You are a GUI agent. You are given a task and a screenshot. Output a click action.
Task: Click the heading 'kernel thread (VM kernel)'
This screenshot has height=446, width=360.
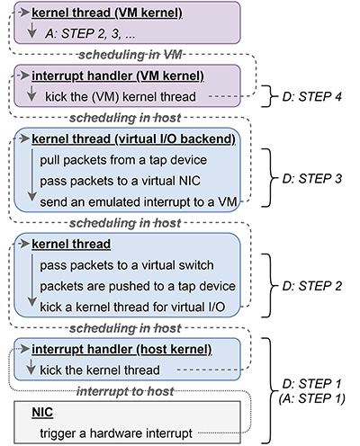click(x=107, y=13)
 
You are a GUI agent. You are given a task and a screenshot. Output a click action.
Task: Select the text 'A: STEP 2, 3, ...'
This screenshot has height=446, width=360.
click(x=90, y=33)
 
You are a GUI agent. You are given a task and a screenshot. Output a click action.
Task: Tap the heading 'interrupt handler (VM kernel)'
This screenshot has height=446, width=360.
click(x=118, y=76)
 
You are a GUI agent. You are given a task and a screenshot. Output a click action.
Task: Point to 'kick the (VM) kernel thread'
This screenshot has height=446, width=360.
click(x=121, y=97)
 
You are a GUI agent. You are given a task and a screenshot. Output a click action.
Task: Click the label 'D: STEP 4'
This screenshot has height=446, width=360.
click(x=312, y=96)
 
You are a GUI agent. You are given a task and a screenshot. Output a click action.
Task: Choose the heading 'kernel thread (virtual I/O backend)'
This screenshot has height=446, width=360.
click(x=133, y=139)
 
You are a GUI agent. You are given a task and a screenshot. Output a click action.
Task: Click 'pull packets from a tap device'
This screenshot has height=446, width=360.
click(x=123, y=160)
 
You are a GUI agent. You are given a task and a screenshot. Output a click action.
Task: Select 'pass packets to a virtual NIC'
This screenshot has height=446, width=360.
click(x=120, y=181)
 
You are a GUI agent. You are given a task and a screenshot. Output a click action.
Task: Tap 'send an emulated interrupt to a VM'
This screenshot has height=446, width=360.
click(x=139, y=202)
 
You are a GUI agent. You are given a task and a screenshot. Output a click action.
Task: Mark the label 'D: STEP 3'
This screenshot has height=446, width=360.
click(x=312, y=178)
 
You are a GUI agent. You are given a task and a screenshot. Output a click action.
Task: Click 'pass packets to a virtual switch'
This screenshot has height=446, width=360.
click(x=127, y=265)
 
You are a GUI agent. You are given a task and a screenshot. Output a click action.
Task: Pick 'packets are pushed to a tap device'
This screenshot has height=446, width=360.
click(x=138, y=286)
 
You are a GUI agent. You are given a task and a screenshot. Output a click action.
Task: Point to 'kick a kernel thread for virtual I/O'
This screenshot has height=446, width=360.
click(x=132, y=308)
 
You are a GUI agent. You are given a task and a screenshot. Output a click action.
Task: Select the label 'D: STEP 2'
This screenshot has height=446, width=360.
click(x=312, y=286)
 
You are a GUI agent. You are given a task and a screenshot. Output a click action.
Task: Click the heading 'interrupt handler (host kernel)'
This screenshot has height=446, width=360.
click(x=121, y=350)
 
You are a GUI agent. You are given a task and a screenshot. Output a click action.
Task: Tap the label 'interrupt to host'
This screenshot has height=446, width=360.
click(x=125, y=391)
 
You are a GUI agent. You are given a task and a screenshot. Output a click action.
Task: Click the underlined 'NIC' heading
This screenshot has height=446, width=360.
click(x=42, y=413)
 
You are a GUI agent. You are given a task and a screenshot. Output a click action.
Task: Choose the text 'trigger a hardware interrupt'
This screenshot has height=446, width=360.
click(x=116, y=433)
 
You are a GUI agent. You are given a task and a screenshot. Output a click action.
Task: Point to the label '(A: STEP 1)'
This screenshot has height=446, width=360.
click(x=312, y=398)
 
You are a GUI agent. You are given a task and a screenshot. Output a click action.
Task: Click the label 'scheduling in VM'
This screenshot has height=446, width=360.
click(x=130, y=55)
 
